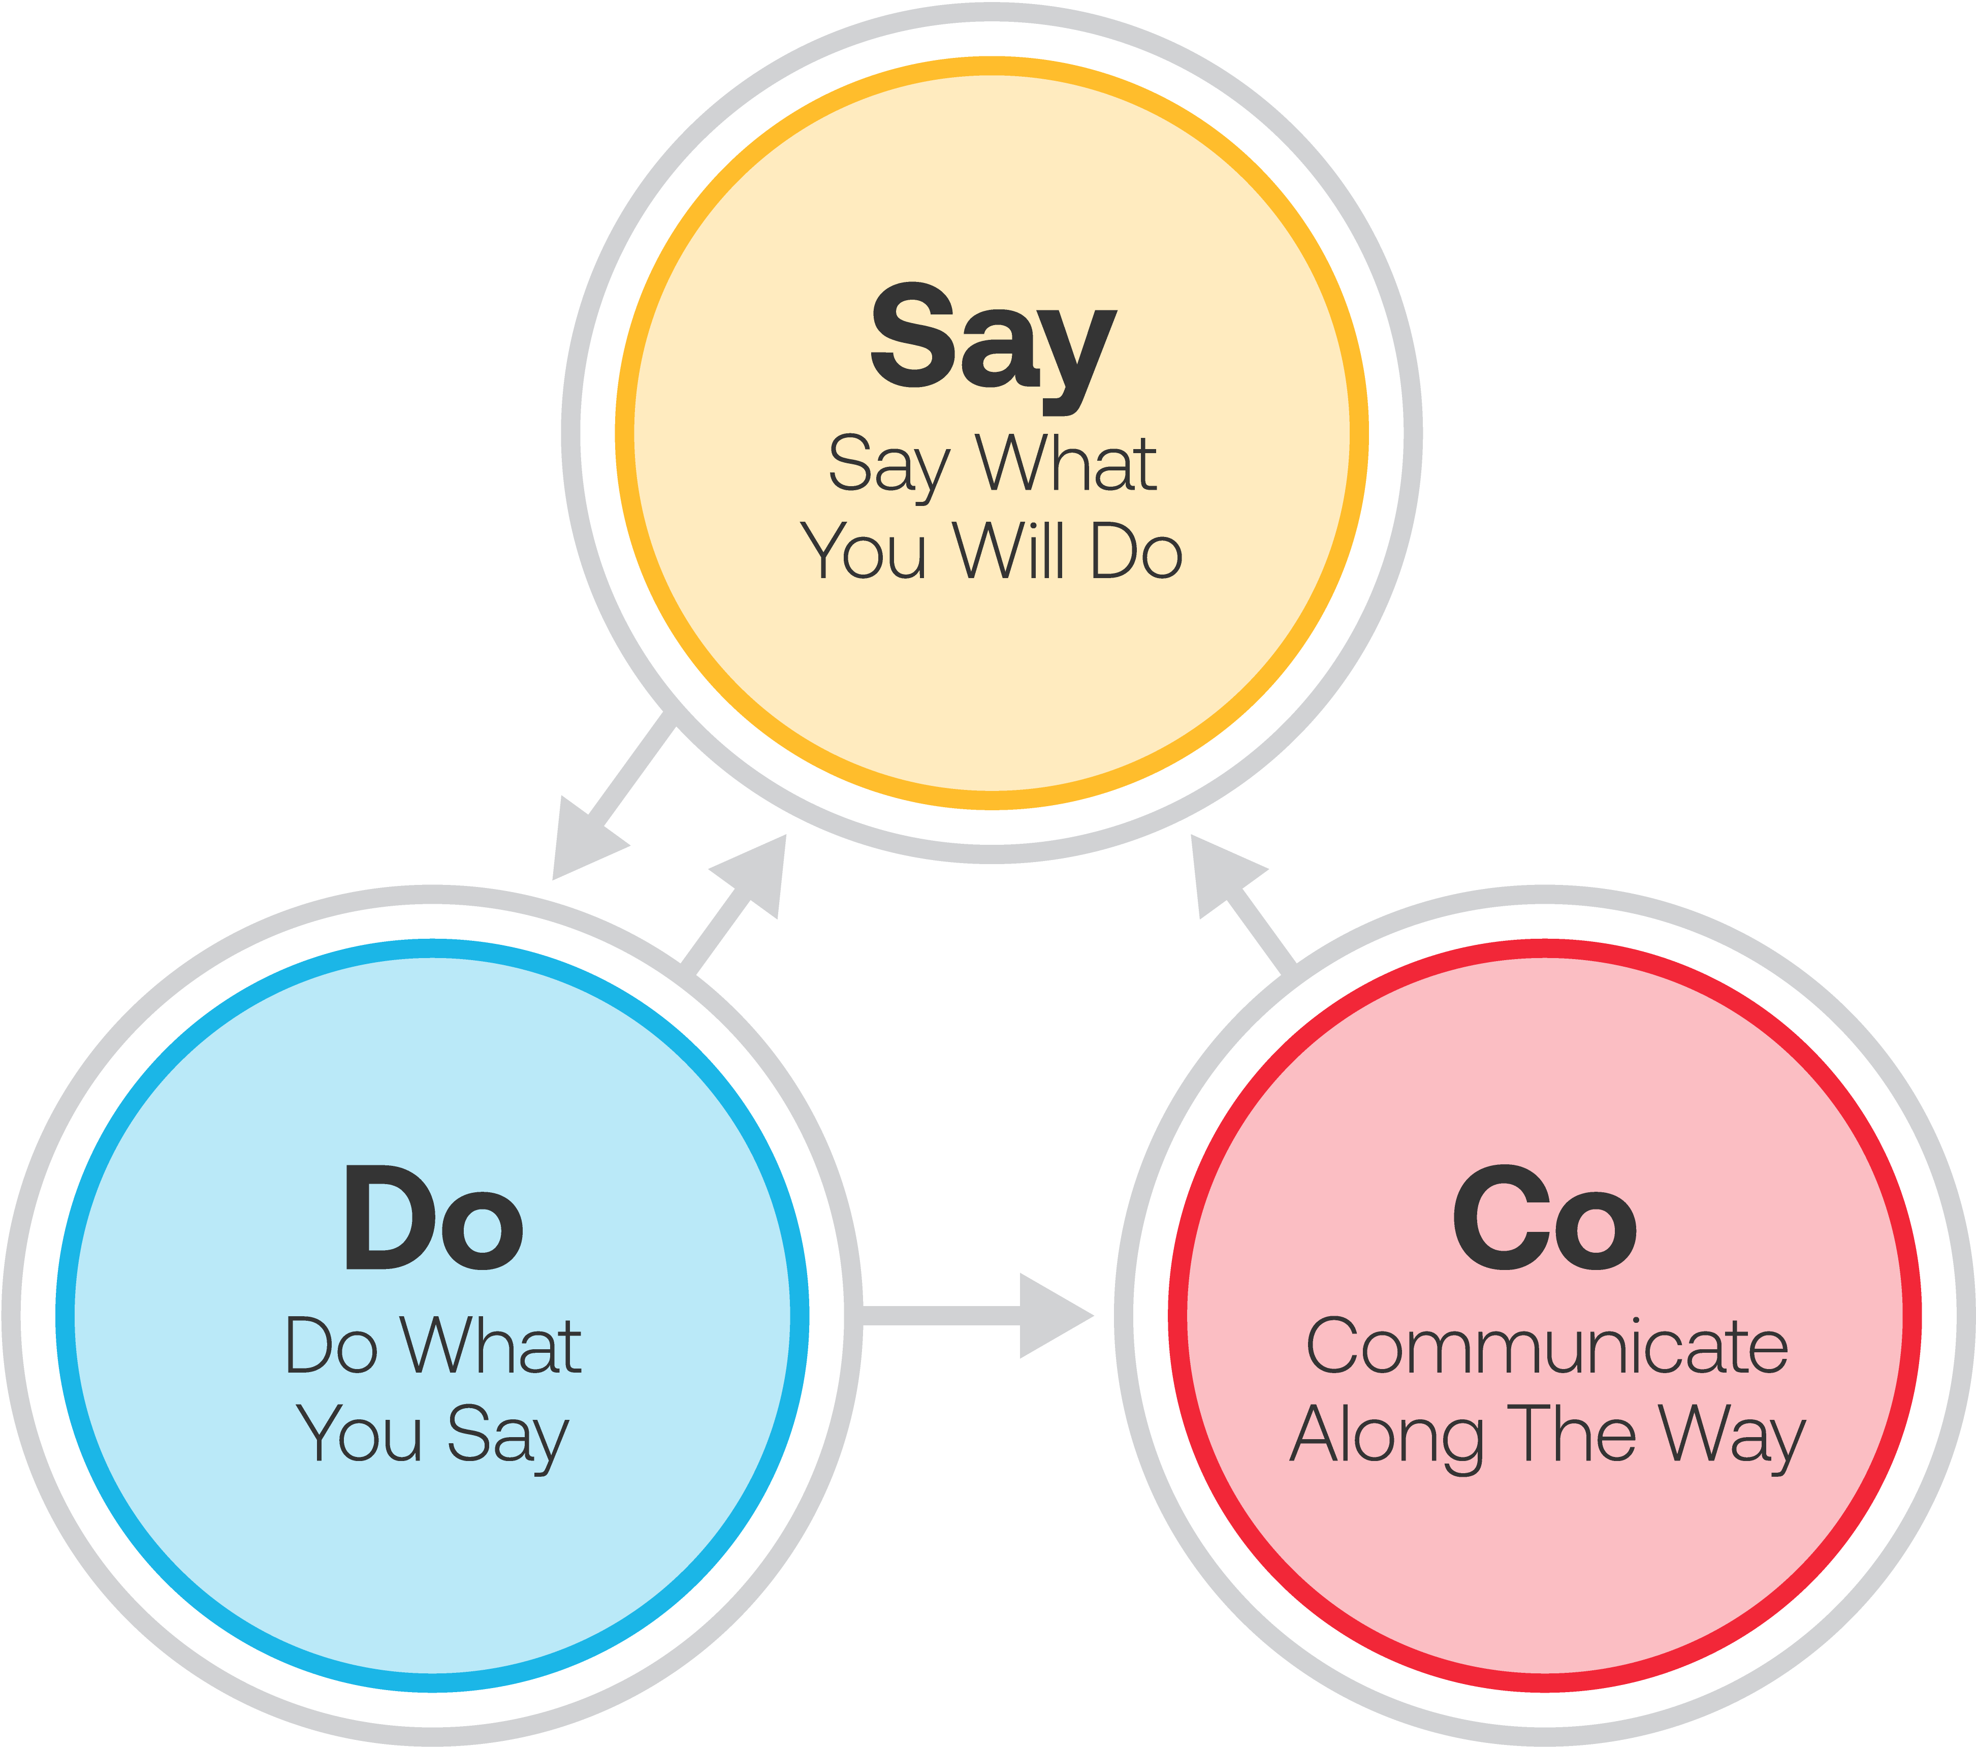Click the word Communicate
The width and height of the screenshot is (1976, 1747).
(1547, 1347)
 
